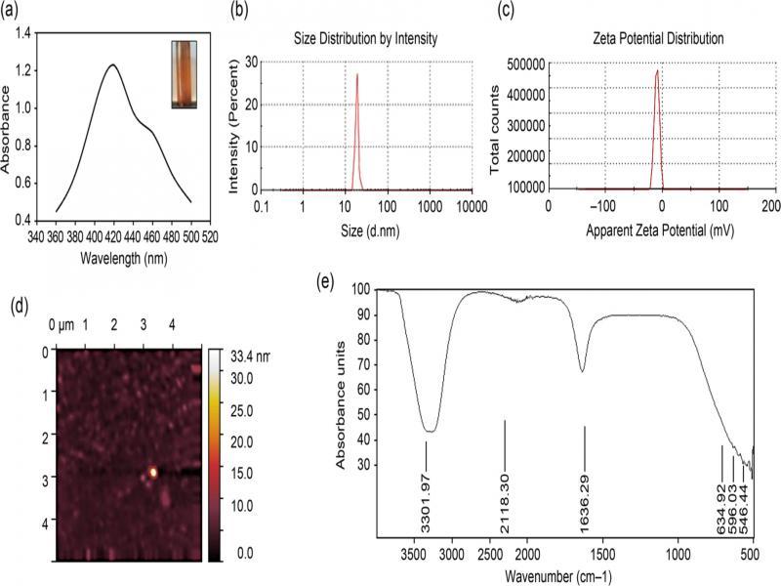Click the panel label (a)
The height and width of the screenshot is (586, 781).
point(19,14)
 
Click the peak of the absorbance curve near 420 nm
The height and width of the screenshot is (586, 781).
point(113,65)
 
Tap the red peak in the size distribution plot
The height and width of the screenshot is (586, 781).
point(357,74)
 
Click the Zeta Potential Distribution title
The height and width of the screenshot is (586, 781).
point(656,40)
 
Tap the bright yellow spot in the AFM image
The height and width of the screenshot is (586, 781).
point(153,473)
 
